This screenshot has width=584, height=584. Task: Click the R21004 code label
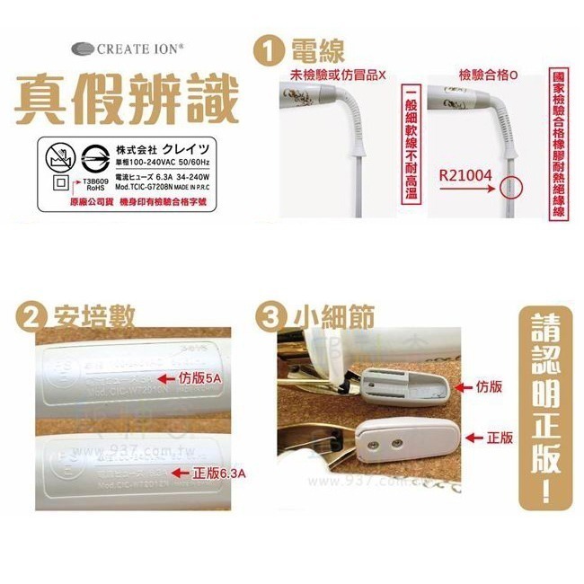[466, 174]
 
